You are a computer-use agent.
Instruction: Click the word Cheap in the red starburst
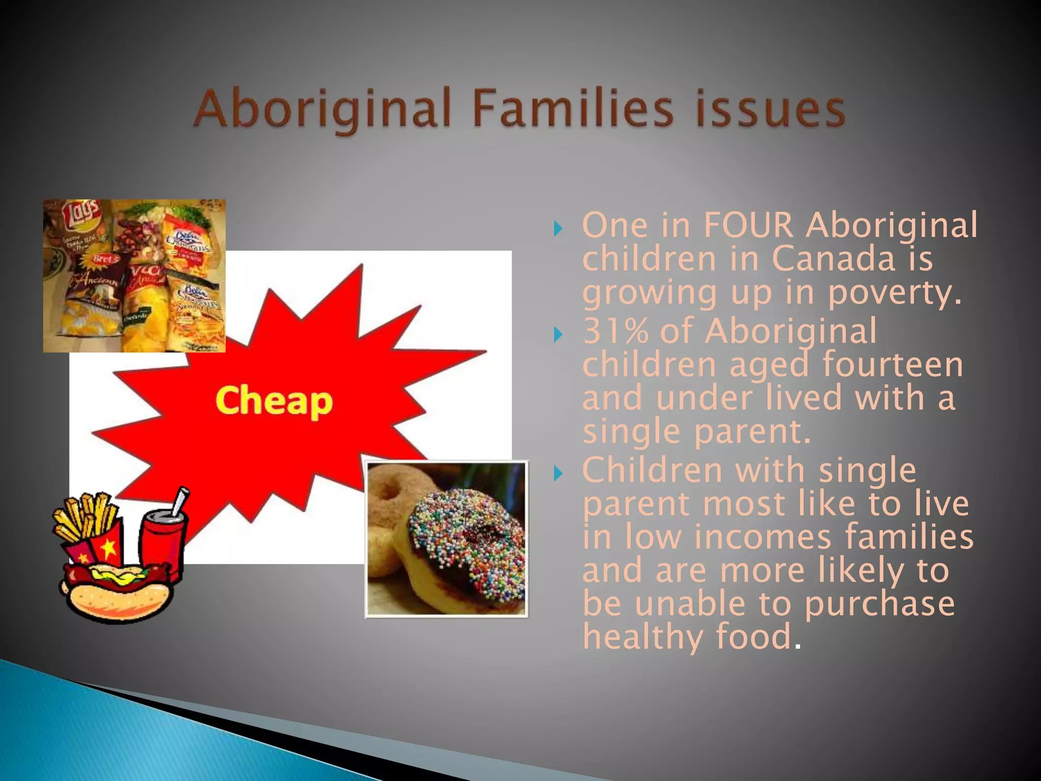click(274, 402)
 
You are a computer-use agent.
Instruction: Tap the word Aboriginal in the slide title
click(323, 109)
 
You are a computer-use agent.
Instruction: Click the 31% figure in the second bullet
click(616, 331)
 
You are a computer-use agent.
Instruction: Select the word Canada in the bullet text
click(834, 258)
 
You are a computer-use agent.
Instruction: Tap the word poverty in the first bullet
click(895, 293)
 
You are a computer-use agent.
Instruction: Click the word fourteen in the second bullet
click(893, 365)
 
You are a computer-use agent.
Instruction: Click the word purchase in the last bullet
click(879, 604)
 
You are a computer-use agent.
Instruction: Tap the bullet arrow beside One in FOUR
click(558, 228)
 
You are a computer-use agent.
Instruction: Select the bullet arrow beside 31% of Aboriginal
click(558, 335)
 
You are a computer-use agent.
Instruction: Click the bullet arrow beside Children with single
click(558, 474)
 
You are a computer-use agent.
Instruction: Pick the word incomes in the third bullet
click(762, 537)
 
